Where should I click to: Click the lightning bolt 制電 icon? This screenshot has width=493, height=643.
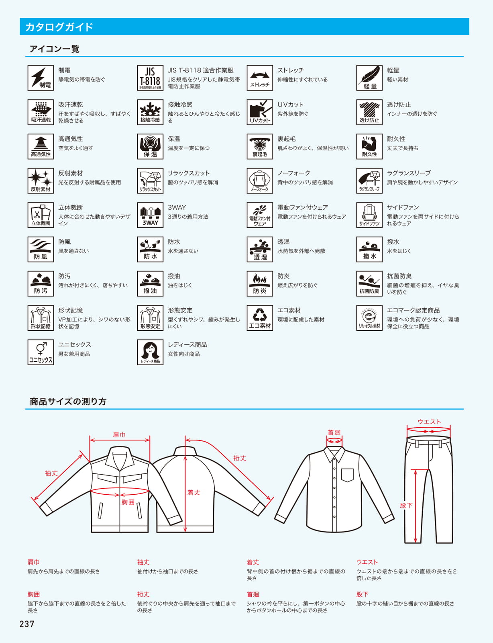(x=41, y=78)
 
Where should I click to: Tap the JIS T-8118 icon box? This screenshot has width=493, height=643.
(x=150, y=78)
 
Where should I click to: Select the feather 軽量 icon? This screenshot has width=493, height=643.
(x=369, y=78)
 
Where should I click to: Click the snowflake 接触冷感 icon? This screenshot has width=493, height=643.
(x=150, y=112)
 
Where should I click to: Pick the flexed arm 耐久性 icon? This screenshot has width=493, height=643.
(x=369, y=146)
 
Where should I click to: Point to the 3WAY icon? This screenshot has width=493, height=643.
(x=150, y=215)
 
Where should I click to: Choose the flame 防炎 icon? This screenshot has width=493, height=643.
(x=260, y=284)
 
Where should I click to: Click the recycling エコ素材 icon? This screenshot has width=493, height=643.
(x=260, y=318)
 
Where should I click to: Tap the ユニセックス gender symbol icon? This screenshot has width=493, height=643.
(x=41, y=352)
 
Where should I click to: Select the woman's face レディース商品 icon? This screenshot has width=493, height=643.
(x=150, y=352)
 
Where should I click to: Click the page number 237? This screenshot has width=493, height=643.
(x=27, y=624)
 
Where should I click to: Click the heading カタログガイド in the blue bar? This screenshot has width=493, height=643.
(x=59, y=27)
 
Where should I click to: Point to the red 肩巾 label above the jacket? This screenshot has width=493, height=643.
(x=119, y=435)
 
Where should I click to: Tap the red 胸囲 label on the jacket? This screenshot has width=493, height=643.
(x=128, y=502)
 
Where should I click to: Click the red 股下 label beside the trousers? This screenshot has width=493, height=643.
(x=406, y=506)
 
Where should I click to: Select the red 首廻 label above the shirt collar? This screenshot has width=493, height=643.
(x=334, y=432)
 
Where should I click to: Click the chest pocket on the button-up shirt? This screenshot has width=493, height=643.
(x=347, y=475)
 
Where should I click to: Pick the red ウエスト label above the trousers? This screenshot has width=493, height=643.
(x=429, y=422)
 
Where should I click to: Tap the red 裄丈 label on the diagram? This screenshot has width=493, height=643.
(x=240, y=459)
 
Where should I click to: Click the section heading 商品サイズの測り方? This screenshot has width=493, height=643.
(x=68, y=401)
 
